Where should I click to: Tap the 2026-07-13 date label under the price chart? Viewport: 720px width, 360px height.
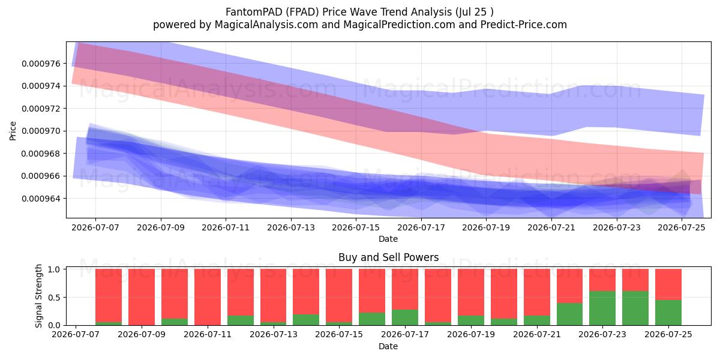(x=291, y=227)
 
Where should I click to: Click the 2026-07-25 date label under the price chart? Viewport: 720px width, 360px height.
(x=682, y=227)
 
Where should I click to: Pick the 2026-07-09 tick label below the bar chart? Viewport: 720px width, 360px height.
(x=142, y=334)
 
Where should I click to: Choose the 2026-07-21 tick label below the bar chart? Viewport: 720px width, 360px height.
(x=537, y=334)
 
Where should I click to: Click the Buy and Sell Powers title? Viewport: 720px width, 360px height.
(x=388, y=257)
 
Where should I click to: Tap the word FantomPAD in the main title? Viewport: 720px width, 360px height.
(x=248, y=12)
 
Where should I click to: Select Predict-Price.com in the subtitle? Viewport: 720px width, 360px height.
(x=524, y=25)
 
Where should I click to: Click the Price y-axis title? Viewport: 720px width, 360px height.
(x=13, y=131)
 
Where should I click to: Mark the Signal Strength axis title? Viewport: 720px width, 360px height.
(x=38, y=296)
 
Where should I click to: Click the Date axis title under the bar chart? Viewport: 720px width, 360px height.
(x=388, y=346)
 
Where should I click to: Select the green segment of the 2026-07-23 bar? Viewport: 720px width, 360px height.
(x=602, y=308)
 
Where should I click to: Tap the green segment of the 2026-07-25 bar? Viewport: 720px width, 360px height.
(x=668, y=313)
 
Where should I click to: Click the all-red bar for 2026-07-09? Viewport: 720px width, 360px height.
(x=142, y=297)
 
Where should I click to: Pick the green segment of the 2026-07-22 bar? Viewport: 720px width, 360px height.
(x=569, y=314)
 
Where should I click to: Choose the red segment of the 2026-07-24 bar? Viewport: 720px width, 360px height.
(x=635, y=280)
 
